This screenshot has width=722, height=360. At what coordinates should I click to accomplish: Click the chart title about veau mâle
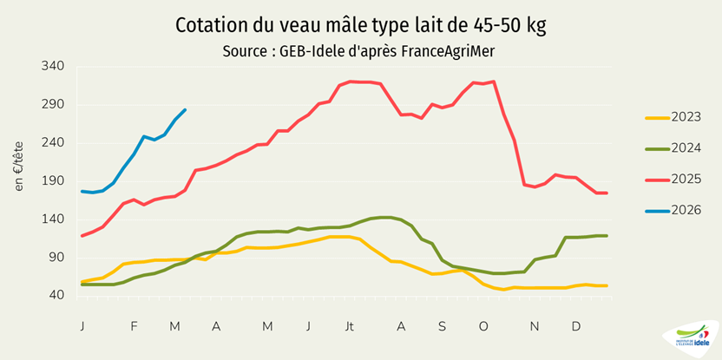[360, 24]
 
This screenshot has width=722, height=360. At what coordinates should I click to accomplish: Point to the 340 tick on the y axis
[54, 67]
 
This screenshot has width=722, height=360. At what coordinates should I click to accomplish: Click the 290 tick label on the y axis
[54, 105]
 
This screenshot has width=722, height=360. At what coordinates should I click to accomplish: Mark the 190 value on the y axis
[54, 181]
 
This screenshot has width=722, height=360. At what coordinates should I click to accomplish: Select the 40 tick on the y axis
[57, 296]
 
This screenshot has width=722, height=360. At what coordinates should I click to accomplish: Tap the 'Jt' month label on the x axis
[349, 326]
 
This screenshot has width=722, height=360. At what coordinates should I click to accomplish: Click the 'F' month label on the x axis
[134, 326]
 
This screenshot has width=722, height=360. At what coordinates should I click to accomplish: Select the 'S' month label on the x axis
[442, 326]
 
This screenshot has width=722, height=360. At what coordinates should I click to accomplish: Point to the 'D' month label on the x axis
[575, 326]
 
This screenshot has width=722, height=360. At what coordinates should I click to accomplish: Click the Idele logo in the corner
[691, 339]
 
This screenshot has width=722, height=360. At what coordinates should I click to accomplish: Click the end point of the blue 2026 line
[185, 110]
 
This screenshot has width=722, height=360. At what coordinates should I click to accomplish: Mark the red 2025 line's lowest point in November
[535, 187]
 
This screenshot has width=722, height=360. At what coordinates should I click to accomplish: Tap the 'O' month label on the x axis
[482, 326]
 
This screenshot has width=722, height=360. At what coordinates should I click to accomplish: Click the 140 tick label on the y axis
[54, 219]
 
